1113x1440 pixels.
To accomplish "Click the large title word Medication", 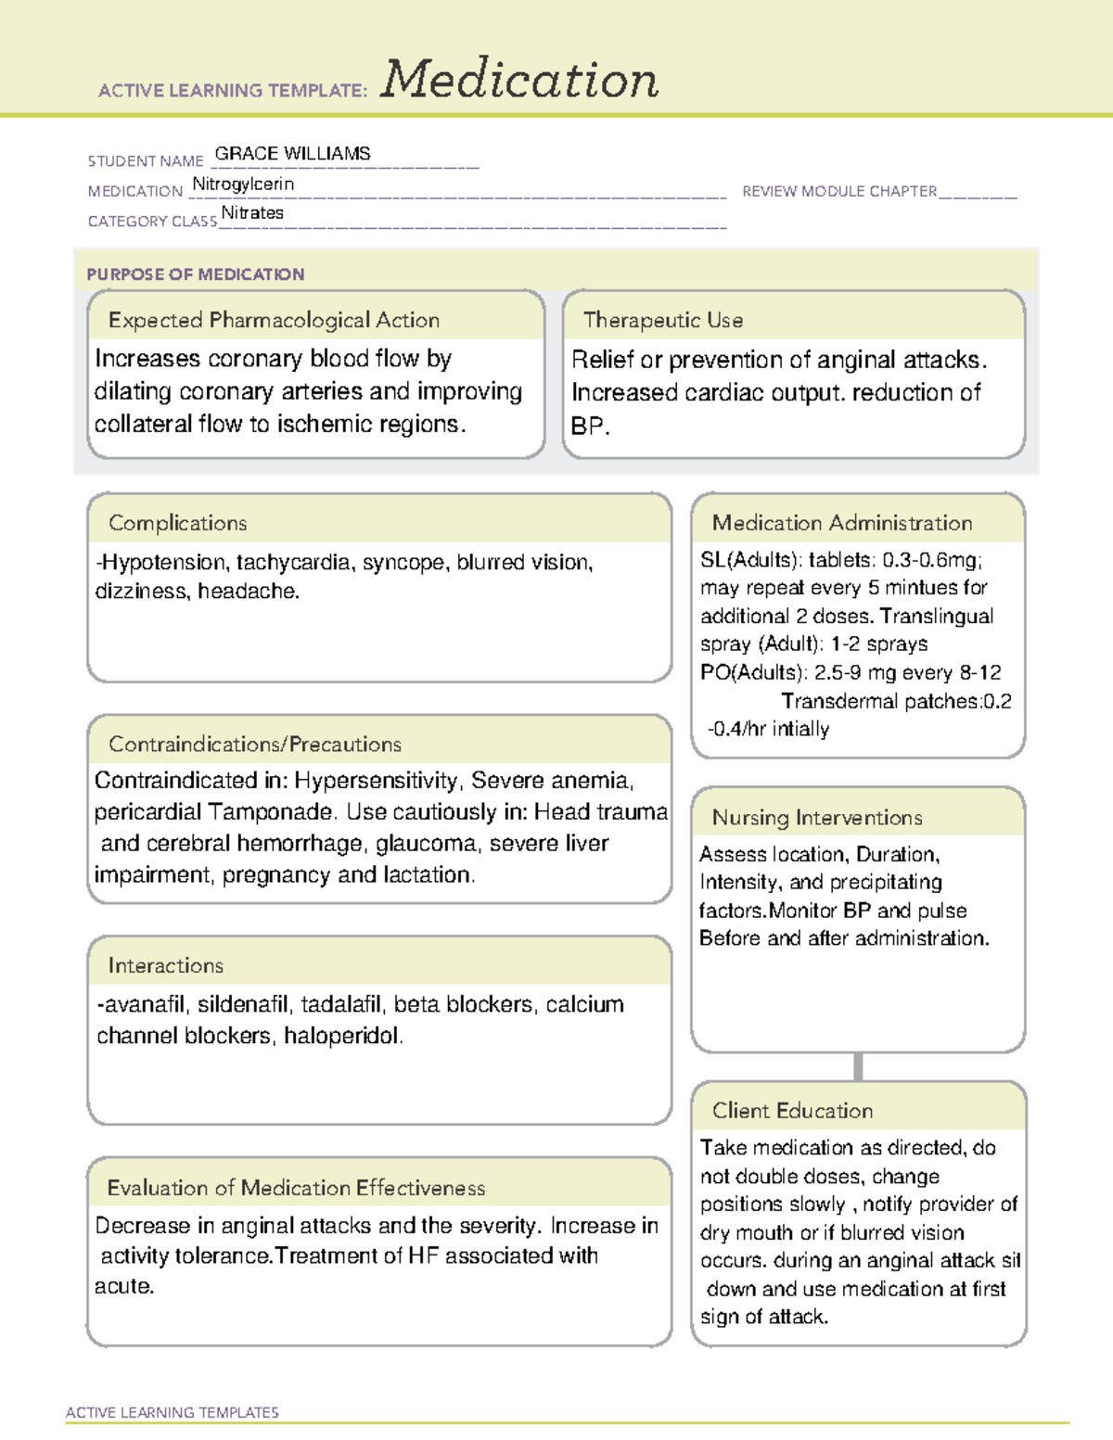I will coord(519,80).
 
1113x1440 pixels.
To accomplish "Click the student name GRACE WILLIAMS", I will coord(292,154).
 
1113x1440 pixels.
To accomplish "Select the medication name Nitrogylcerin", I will coord(243,185).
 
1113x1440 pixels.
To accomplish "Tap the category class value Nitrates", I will coord(252,213).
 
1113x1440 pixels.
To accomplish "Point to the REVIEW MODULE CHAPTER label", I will coord(839,191).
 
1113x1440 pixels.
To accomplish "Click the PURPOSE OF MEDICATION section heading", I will coord(196,274).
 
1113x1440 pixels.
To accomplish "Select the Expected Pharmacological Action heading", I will coord(274,320).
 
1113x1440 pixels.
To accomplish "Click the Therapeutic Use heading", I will coord(663,320).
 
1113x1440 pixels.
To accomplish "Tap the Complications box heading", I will coord(178,523).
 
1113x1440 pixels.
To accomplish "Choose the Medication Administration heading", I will coord(842,523).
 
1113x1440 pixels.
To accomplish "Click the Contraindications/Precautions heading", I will coord(255,744).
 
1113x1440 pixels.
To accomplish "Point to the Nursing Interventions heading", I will coord(817,818).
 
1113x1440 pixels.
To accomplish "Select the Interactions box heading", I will coord(166,965).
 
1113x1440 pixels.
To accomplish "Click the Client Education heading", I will coord(793,1111).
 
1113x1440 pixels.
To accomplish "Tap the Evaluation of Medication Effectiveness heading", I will coord(296,1188).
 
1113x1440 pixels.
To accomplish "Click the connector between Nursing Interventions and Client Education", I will coord(858,1066).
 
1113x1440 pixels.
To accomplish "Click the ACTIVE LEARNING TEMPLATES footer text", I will coord(173,1412).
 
